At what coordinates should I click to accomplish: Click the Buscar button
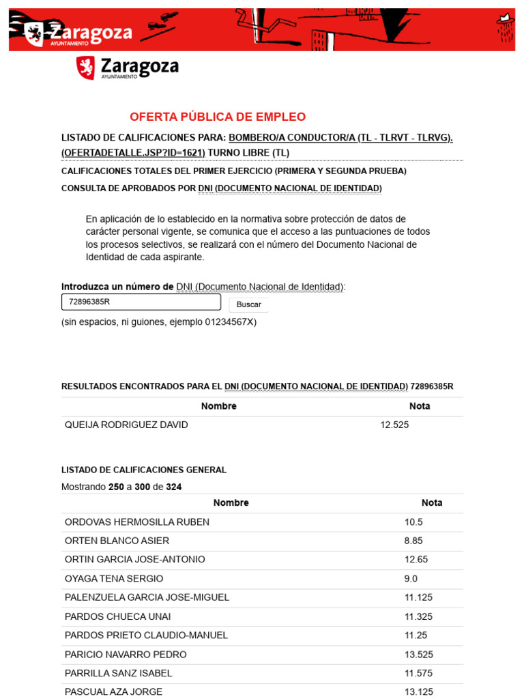[x=248, y=304]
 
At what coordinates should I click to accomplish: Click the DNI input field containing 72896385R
[x=141, y=302]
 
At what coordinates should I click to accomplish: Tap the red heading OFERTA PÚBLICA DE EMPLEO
[x=218, y=117]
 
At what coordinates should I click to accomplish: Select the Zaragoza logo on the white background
[x=128, y=68]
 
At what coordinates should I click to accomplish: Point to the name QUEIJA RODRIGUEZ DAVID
[x=126, y=425]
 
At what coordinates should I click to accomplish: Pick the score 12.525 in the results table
[x=394, y=425]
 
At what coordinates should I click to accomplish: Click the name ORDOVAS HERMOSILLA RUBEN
[x=137, y=522]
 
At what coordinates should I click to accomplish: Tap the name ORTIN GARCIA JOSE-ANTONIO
[x=134, y=560]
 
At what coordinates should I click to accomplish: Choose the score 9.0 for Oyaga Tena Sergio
[x=411, y=578]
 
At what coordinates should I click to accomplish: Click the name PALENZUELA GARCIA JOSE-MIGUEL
[x=147, y=597]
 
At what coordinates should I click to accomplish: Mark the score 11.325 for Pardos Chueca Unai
[x=418, y=616]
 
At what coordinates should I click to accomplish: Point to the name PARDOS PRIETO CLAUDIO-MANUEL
[x=146, y=635]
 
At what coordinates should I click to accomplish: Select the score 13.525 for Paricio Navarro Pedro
[x=418, y=654]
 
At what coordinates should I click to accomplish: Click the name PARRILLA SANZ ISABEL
[x=118, y=673]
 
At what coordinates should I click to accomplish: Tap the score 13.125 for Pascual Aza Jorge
[x=418, y=691]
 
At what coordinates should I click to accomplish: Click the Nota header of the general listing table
[x=432, y=503]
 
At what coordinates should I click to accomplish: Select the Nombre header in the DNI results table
[x=219, y=406]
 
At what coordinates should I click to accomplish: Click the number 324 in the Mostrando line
[x=174, y=487]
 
